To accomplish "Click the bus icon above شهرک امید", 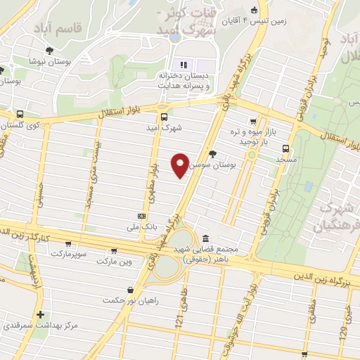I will (164, 117).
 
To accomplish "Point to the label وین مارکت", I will (114, 262).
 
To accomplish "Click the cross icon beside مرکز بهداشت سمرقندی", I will (40, 314).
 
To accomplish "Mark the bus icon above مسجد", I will (285, 148).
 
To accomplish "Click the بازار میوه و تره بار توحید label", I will (251, 136).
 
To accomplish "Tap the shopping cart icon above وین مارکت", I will (114, 250).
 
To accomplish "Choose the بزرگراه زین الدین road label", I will (316, 280).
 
